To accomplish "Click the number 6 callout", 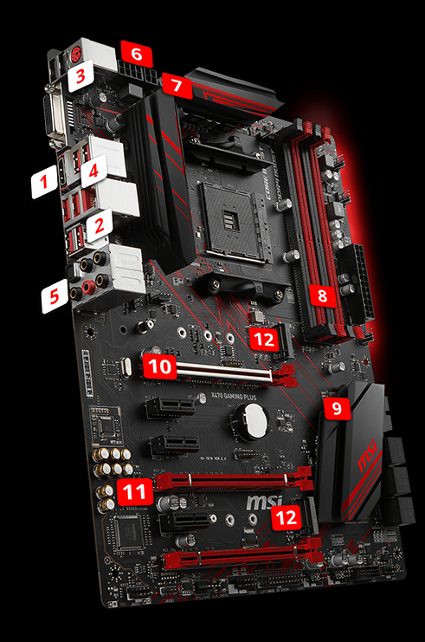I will point(137,54).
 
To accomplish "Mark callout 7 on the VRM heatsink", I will point(177,85).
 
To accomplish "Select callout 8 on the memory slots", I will point(322,295).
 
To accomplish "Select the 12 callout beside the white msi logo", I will point(286,518).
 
